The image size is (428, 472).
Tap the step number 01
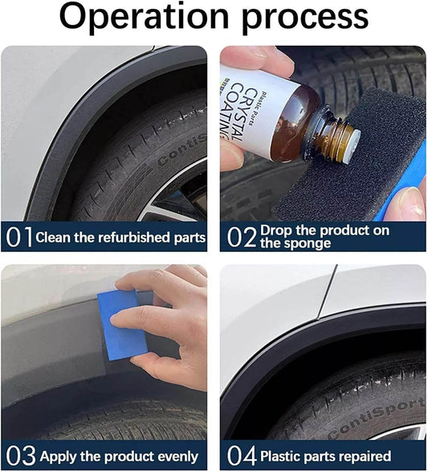click(18, 238)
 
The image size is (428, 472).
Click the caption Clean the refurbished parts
click(120, 238)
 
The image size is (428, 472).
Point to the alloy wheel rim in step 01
click(173, 205)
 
